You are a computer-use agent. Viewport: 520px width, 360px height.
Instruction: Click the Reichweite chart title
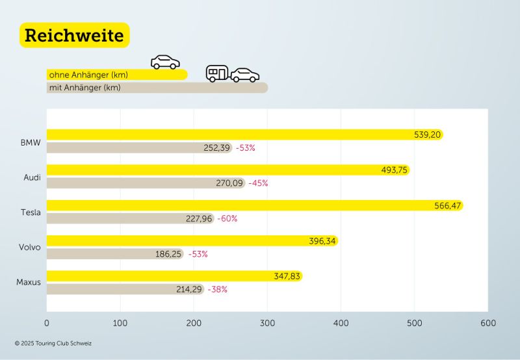pyautogui.click(x=74, y=36)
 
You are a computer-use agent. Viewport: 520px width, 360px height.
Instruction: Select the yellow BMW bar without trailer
pyautogui.click(x=227, y=135)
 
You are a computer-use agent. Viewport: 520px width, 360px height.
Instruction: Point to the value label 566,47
pyautogui.click(x=447, y=206)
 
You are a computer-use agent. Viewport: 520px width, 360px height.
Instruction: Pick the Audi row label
pyautogui.click(x=31, y=177)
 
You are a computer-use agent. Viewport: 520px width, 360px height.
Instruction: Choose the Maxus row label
pyautogui.click(x=29, y=282)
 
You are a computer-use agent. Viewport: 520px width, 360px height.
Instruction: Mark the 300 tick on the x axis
pyautogui.click(x=267, y=323)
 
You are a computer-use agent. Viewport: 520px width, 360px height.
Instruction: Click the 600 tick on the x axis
pyautogui.click(x=487, y=323)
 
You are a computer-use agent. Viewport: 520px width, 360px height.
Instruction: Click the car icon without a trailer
pyautogui.click(x=165, y=62)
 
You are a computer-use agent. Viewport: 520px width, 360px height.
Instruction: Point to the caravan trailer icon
pyautogui.click(x=217, y=73)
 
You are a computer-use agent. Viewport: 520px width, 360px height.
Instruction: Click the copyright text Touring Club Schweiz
pyautogui.click(x=53, y=343)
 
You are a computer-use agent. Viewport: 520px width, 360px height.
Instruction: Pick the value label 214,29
pyautogui.click(x=190, y=289)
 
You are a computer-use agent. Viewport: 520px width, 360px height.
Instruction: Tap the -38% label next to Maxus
pyautogui.click(x=217, y=289)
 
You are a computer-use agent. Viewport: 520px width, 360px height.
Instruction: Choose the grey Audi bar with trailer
pyautogui.click(x=130, y=183)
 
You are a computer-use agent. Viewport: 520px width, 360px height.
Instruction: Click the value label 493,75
pyautogui.click(x=395, y=170)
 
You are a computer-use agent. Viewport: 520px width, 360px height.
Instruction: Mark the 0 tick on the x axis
pyautogui.click(x=47, y=323)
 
